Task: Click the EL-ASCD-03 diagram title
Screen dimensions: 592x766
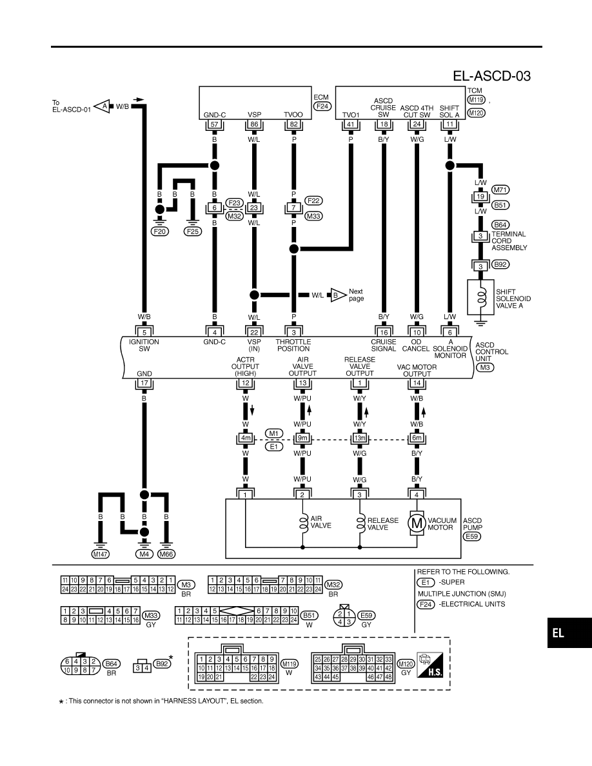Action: pyautogui.click(x=491, y=75)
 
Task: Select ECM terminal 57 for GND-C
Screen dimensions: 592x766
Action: pyautogui.click(x=215, y=124)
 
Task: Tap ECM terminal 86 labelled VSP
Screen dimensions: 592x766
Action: pyautogui.click(x=254, y=124)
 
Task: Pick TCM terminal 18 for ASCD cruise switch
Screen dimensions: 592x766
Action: pyautogui.click(x=384, y=124)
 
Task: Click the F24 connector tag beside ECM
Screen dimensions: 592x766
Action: pyautogui.click(x=322, y=106)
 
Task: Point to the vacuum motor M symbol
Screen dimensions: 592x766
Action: pyautogui.click(x=417, y=523)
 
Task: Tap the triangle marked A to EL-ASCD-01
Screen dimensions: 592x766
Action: pyautogui.click(x=102, y=106)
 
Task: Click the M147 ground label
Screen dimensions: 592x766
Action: pyautogui.click(x=101, y=554)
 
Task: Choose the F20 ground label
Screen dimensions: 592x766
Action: pyautogui.click(x=160, y=231)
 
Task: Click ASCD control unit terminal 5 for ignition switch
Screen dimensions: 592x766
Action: pyautogui.click(x=144, y=332)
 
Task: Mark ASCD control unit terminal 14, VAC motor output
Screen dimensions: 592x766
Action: pyautogui.click(x=417, y=383)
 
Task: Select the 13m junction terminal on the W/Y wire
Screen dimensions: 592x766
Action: pyautogui.click(x=359, y=438)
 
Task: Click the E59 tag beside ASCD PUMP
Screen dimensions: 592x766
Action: pyautogui.click(x=472, y=536)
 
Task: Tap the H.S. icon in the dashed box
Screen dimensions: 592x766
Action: pyautogui.click(x=430, y=664)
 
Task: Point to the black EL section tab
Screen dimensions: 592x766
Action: pyautogui.click(x=569, y=633)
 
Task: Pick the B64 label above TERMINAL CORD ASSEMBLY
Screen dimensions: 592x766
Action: pyautogui.click(x=500, y=225)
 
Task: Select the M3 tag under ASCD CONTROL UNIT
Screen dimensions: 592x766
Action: pyautogui.click(x=484, y=368)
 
